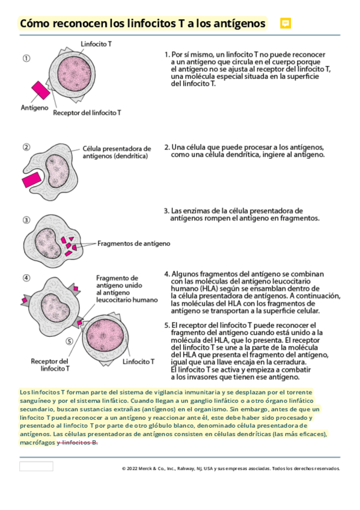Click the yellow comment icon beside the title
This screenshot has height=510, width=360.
(286, 23)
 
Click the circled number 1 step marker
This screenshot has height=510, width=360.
(26, 58)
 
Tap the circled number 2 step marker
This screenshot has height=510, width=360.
(26, 147)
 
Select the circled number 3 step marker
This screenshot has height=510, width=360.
(26, 220)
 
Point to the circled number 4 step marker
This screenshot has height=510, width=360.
(26, 278)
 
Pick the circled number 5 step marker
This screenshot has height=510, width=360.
(69, 341)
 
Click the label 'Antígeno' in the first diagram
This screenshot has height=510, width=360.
(35, 108)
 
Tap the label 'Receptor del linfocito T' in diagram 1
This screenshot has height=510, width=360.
(87, 112)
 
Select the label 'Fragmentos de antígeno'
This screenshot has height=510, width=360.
(133, 244)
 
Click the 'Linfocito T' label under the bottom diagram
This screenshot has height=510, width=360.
(138, 363)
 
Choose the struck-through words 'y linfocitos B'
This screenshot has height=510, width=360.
(77, 442)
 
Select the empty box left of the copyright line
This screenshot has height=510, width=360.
(36, 466)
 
